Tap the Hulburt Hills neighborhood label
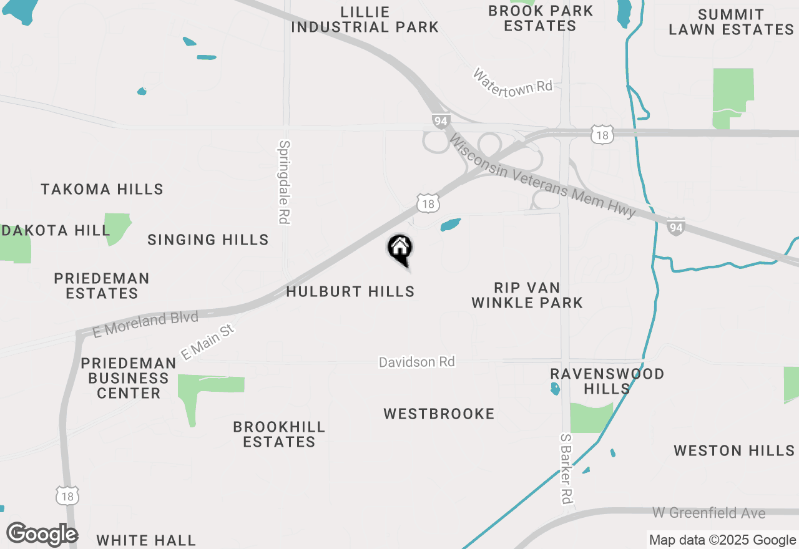[x=350, y=291]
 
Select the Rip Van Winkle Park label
[x=527, y=295]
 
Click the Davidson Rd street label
[x=417, y=362]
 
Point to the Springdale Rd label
[x=285, y=182]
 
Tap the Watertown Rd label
[x=512, y=81]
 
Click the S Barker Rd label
[x=566, y=469]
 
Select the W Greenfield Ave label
[x=709, y=513]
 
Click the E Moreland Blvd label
[x=145, y=325]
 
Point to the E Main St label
[x=207, y=341]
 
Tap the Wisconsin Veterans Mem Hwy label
[x=542, y=178]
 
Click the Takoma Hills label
[x=102, y=189]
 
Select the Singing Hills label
[x=208, y=240]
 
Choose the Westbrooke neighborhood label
[x=439, y=414]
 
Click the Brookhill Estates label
[x=279, y=434]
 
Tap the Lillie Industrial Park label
[x=365, y=19]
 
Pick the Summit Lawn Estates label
[x=731, y=22]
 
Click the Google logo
[x=42, y=535]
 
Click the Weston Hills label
[x=734, y=450]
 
